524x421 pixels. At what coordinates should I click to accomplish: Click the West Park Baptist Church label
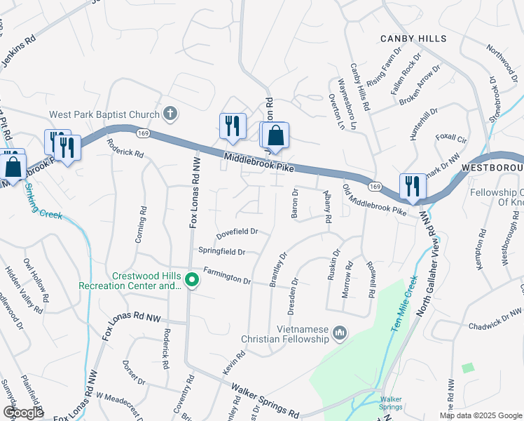(x=104, y=114)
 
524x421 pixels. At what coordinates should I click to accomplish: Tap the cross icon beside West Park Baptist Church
(x=170, y=113)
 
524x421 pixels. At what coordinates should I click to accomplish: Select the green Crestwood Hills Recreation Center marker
(x=191, y=281)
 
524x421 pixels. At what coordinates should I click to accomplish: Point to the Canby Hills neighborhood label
(x=413, y=39)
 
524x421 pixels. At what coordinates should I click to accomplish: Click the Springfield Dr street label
(x=221, y=250)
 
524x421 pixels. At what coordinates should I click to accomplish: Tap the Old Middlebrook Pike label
(x=374, y=200)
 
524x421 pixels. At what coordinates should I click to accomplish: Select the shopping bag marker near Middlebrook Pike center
(x=277, y=135)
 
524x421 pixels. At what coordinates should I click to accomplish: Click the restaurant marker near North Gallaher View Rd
(x=413, y=187)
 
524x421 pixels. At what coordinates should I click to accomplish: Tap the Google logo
(x=24, y=413)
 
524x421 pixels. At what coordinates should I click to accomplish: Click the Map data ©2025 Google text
(x=480, y=415)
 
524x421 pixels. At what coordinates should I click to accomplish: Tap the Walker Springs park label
(x=390, y=403)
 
